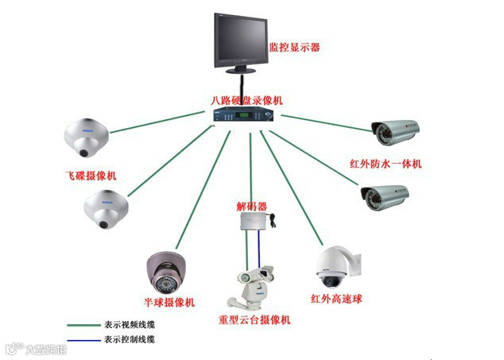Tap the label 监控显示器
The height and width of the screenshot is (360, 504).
click(x=294, y=48)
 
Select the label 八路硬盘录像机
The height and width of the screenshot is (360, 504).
click(x=246, y=101)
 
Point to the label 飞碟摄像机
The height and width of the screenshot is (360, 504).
click(x=91, y=174)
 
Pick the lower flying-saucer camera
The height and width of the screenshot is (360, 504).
click(x=106, y=209)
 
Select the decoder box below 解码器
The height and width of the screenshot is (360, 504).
click(x=252, y=226)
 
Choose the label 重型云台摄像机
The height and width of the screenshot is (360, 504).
click(x=254, y=319)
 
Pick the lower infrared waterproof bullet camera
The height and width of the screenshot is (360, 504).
click(x=386, y=196)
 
